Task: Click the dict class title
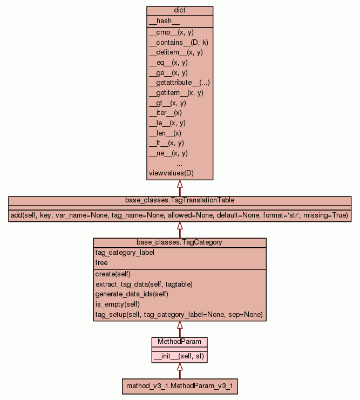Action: pyautogui.click(x=180, y=11)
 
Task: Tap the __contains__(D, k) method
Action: pyautogui.click(x=175, y=42)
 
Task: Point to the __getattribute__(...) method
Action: pyautogui.click(x=179, y=83)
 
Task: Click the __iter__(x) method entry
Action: pyautogui.click(x=165, y=113)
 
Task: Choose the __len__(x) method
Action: pyautogui.click(x=165, y=133)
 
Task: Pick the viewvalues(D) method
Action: pyautogui.click(x=171, y=173)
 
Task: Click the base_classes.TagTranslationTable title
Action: pyautogui.click(x=180, y=200)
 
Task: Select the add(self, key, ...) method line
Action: pyautogui.click(x=180, y=215)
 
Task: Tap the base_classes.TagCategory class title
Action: pyautogui.click(x=180, y=242)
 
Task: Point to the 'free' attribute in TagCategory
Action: pyautogui.click(x=101, y=263)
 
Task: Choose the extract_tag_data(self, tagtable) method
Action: pyautogui.click(x=144, y=284)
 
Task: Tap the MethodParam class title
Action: pyautogui.click(x=180, y=342)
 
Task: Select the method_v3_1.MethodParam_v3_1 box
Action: pyautogui.click(x=180, y=387)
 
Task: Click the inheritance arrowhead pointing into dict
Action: pyautogui.click(x=180, y=184)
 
